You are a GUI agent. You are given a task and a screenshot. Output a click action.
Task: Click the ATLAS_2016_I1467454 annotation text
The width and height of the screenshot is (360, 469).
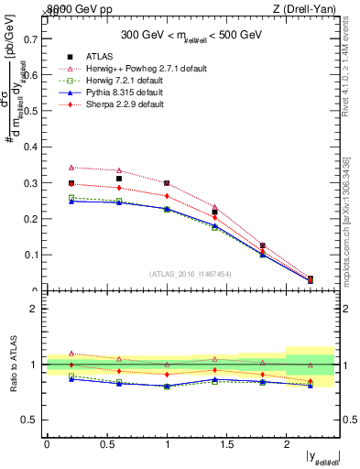189,274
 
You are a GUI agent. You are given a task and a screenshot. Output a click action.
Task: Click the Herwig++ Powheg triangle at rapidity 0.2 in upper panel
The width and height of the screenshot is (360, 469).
71,168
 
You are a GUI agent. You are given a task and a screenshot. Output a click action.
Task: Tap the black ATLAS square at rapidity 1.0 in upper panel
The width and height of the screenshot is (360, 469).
167,183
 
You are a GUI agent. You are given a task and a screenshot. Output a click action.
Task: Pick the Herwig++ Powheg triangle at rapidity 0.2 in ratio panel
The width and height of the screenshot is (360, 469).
71,354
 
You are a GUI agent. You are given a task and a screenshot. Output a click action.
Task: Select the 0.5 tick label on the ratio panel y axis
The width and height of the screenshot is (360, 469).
31,420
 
